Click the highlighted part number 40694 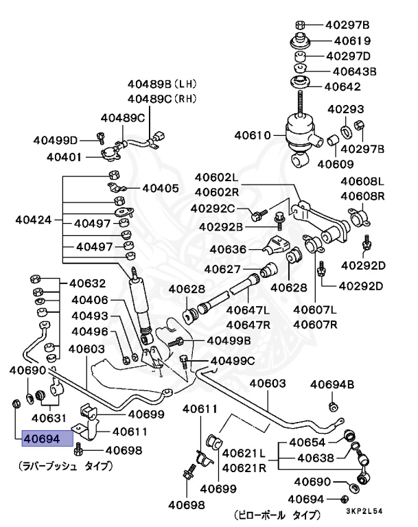(x=42, y=438)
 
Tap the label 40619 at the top (x=347, y=40)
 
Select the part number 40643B (x=355, y=71)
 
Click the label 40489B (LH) (x=161, y=84)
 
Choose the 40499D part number (x=56, y=140)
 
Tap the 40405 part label (x=160, y=187)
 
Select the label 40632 (x=87, y=283)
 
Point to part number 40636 (x=229, y=249)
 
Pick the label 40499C (x=233, y=360)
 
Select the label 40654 (x=307, y=442)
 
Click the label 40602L (x=216, y=178)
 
